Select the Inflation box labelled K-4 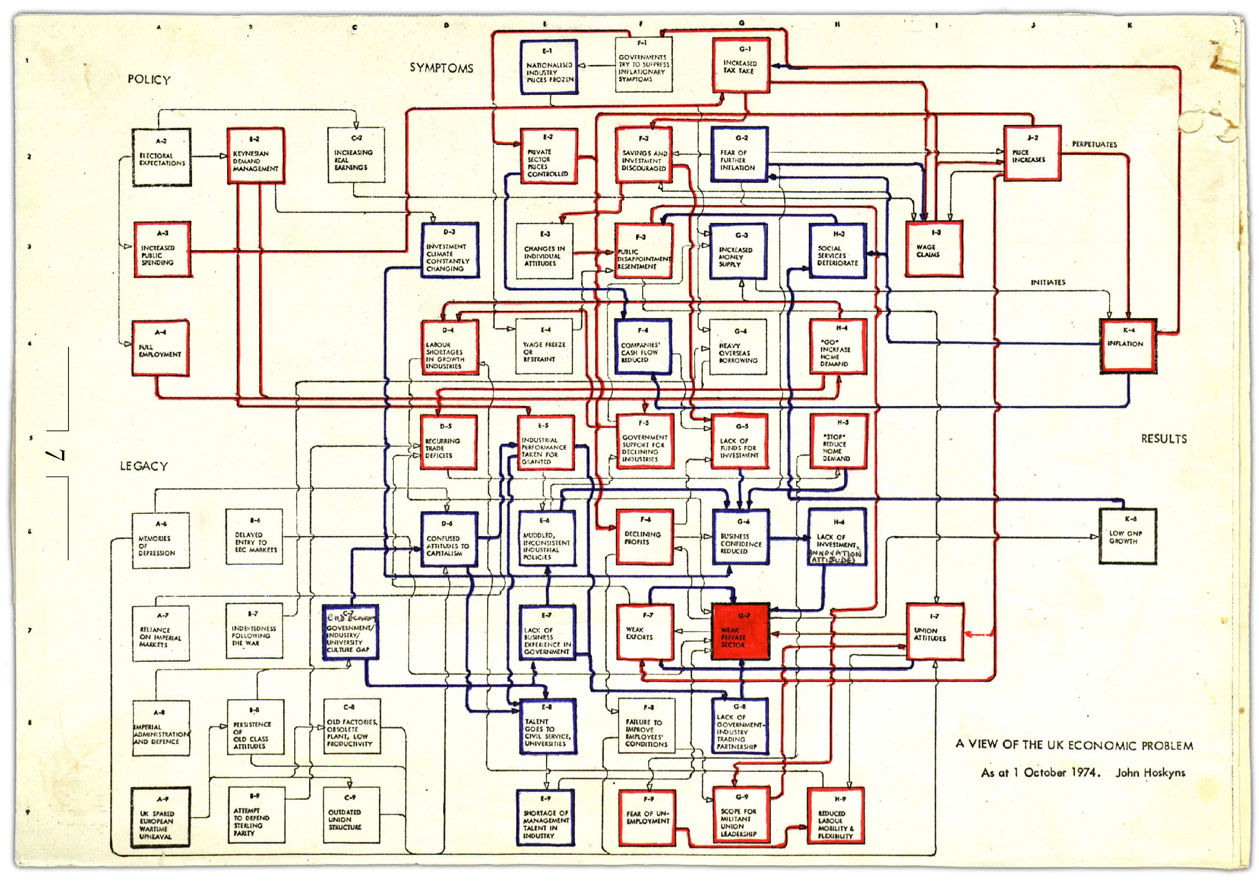[x=1128, y=346]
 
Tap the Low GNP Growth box [x=1128, y=536]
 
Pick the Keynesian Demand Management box [x=255, y=156]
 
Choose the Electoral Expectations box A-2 [x=162, y=157]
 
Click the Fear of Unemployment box [x=646, y=817]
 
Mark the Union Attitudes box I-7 [x=934, y=632]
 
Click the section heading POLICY [x=149, y=80]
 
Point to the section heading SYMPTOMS [x=441, y=68]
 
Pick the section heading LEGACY [x=143, y=466]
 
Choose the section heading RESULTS [x=1164, y=438]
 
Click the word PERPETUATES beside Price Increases [x=1094, y=144]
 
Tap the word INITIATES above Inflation [x=1048, y=282]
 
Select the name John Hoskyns [x=1150, y=773]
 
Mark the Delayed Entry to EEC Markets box [x=255, y=537]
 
